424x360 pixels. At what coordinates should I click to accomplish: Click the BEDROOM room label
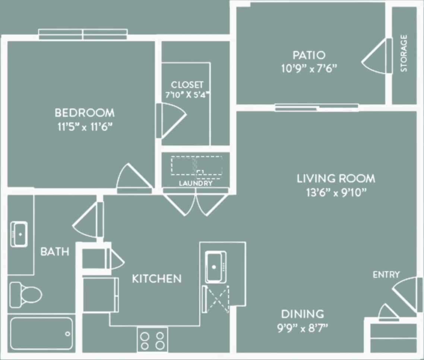click(x=85, y=112)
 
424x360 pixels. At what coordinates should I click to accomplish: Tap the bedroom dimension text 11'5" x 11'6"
click(x=85, y=127)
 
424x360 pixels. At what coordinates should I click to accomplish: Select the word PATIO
click(x=309, y=55)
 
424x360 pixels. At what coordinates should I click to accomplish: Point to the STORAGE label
click(x=404, y=53)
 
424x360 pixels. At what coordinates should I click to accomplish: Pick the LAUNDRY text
click(x=196, y=183)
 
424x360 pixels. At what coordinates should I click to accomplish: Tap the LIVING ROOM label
click(x=336, y=179)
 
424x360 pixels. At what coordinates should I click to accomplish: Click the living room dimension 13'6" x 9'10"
click(x=336, y=193)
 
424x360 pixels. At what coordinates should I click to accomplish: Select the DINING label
click(x=302, y=314)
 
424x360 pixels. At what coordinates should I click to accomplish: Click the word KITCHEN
click(x=157, y=278)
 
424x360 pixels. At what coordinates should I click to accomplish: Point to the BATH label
click(x=55, y=252)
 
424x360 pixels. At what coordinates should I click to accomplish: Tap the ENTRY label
click(x=386, y=275)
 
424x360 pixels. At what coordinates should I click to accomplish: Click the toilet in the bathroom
click(x=25, y=294)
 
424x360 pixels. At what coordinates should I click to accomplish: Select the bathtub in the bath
click(x=41, y=333)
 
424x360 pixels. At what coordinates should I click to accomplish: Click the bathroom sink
click(x=19, y=234)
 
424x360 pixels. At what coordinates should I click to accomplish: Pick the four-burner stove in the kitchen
click(x=152, y=340)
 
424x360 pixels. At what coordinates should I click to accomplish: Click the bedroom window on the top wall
click(x=83, y=34)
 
